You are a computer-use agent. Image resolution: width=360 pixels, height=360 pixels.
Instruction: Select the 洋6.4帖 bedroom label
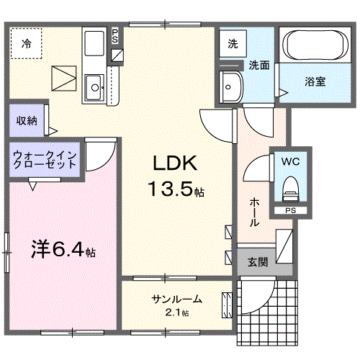[x=63, y=251]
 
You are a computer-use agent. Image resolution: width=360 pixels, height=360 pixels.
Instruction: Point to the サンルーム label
[x=176, y=300]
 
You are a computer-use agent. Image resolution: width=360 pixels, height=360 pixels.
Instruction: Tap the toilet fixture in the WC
[x=290, y=189]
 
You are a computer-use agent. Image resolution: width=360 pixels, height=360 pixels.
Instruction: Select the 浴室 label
[x=315, y=81]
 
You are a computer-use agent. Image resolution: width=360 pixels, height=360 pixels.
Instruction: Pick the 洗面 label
[x=259, y=65]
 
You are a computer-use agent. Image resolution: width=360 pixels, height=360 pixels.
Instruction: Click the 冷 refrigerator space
[x=26, y=42]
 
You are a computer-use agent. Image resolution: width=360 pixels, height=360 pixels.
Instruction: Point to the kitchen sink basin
[x=94, y=89]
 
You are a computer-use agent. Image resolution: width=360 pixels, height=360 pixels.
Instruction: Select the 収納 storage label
[x=27, y=120]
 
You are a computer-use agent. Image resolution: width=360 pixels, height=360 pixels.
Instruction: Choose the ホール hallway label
[x=254, y=212]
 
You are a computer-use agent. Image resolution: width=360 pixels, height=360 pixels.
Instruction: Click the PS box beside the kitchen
[x=116, y=37]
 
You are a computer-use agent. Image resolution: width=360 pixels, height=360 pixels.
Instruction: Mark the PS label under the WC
[x=290, y=210]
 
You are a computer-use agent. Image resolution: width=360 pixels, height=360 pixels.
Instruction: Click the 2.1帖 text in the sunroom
[x=176, y=313]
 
